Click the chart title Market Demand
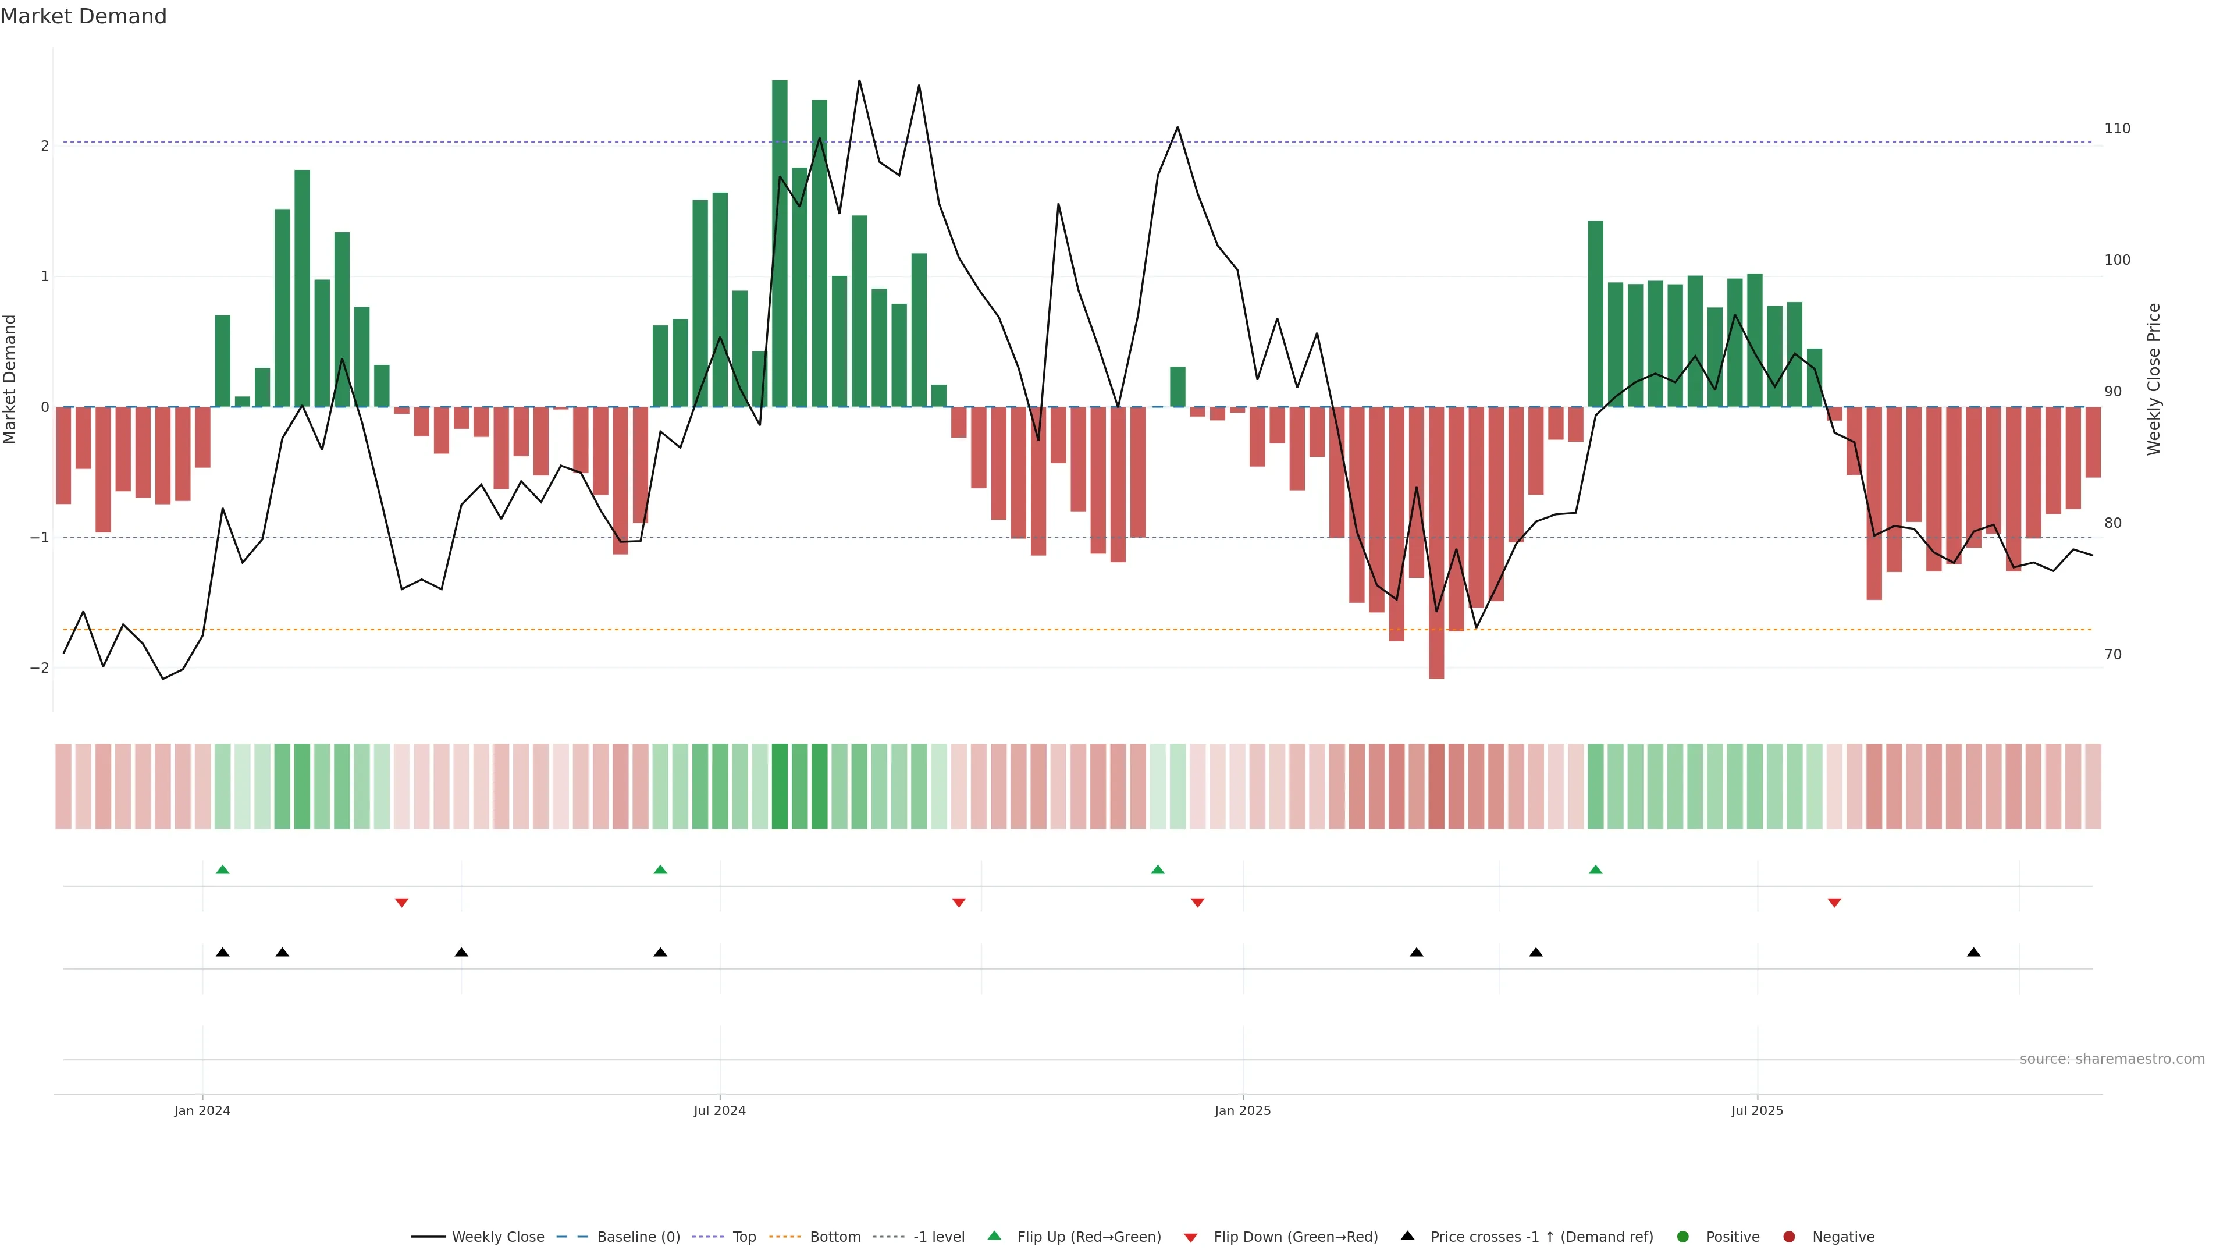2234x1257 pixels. click(83, 16)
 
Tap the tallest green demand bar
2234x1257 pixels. click(780, 243)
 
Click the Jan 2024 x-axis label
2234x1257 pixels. click(202, 1110)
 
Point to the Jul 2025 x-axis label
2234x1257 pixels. click(1757, 1110)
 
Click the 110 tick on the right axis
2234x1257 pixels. click(2117, 129)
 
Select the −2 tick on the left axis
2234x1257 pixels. click(39, 668)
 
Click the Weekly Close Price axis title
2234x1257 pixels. click(2154, 379)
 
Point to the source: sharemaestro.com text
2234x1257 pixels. click(2112, 1059)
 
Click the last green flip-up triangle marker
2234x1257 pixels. click(1596, 870)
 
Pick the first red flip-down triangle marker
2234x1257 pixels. click(401, 903)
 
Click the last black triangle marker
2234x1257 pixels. click(1974, 953)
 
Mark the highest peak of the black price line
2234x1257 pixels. click(859, 81)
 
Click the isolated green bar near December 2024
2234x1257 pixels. click(1177, 387)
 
